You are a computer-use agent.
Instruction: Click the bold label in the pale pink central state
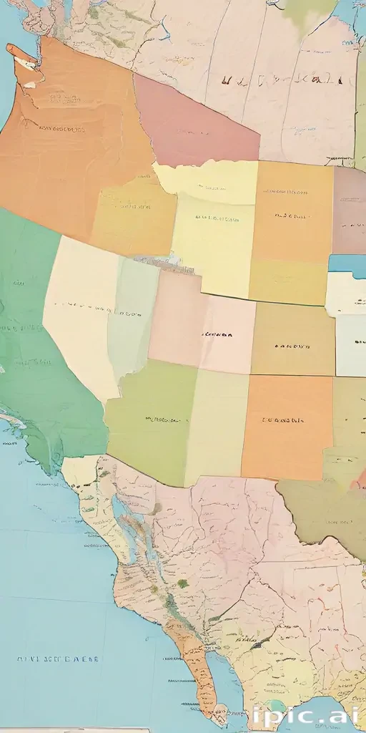click(218, 334)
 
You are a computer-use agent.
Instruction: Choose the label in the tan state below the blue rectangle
click(293, 346)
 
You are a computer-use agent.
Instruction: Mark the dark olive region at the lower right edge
click(322, 508)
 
